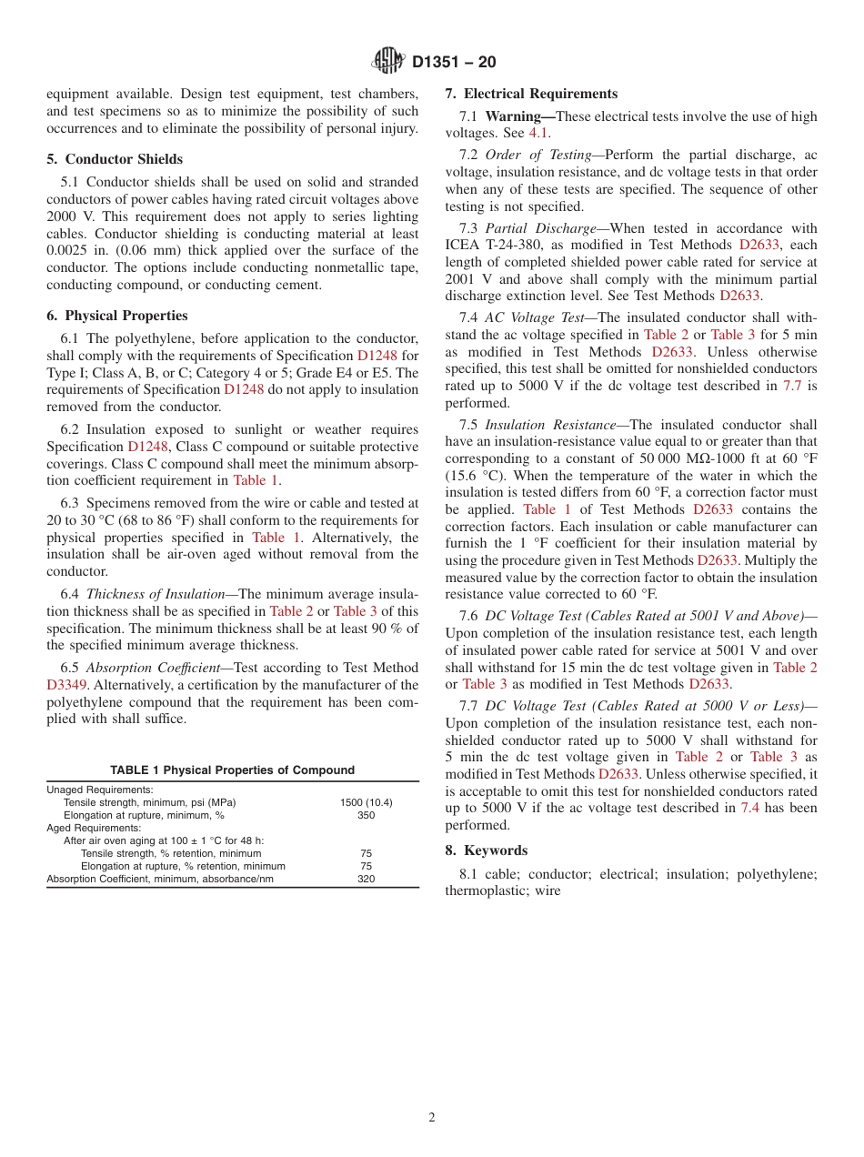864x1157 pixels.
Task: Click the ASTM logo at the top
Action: [x=388, y=61]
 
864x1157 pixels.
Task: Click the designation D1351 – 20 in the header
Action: [x=454, y=62]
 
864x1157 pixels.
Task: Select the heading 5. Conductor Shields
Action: [x=115, y=158]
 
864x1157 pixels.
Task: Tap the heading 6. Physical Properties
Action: [x=117, y=316]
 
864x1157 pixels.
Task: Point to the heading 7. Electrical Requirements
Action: [x=531, y=94]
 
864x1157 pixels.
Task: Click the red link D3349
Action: [x=68, y=685]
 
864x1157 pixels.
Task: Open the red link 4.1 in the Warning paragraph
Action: [x=538, y=133]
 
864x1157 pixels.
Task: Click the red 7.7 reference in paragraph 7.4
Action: [x=792, y=386]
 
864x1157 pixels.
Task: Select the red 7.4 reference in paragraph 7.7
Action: [x=750, y=808]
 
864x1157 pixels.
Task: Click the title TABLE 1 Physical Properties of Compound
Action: [x=233, y=770]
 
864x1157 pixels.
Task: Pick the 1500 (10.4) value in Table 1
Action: [x=366, y=803]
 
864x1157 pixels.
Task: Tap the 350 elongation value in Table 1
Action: [x=366, y=816]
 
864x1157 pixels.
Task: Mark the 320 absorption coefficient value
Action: [x=366, y=880]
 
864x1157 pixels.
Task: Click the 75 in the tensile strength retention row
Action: [x=366, y=854]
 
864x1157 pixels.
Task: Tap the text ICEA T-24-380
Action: [x=491, y=246]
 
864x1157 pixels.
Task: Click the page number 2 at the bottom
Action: [x=432, y=1118]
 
